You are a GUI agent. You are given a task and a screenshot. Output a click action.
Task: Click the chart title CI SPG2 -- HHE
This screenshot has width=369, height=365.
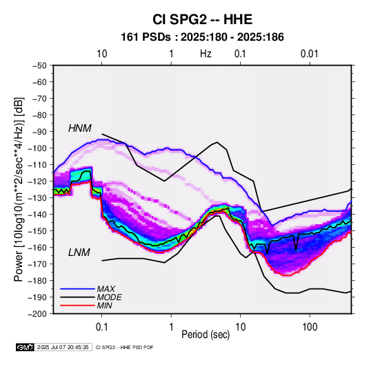[x=202, y=19]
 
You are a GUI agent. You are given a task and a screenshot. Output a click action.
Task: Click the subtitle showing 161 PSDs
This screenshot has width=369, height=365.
[x=202, y=37]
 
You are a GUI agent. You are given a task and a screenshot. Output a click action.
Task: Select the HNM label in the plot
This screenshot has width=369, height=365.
[x=80, y=128]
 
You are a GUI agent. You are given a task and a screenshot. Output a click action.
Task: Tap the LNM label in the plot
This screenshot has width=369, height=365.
[x=79, y=253]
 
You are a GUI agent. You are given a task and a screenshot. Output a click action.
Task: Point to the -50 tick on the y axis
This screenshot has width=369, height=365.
[x=39, y=66]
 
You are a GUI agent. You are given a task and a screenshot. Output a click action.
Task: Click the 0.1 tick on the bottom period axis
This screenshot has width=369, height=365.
[x=101, y=327]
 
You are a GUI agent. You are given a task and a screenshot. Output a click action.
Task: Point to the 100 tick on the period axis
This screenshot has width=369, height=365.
[x=310, y=327]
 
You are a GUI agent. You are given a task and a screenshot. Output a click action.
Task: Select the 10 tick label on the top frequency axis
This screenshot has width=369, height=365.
[x=102, y=54]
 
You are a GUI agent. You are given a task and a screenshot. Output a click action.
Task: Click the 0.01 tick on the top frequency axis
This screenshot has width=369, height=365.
[x=310, y=54]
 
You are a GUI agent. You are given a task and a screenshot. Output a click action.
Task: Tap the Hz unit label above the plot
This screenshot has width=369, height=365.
[x=206, y=54]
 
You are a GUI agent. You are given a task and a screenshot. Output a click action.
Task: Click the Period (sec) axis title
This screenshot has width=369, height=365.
[x=206, y=335]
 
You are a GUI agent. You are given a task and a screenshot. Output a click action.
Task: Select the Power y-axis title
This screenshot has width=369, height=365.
[x=19, y=189]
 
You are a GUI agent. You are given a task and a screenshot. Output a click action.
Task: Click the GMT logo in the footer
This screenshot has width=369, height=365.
[x=26, y=347]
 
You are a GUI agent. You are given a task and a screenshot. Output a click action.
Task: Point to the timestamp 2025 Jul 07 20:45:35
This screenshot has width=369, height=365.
[x=63, y=347]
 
